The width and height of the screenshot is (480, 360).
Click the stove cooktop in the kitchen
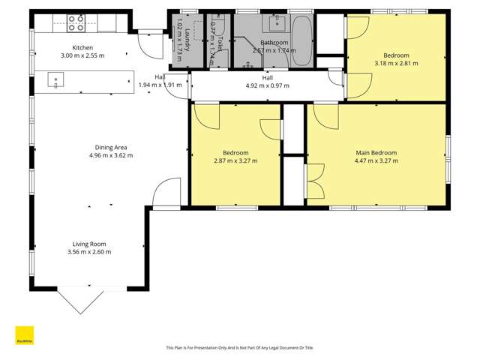(76, 22)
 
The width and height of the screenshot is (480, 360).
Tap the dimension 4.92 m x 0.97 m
(268, 85)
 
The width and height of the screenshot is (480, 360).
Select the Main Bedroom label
(376, 152)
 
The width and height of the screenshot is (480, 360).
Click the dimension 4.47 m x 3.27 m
(376, 160)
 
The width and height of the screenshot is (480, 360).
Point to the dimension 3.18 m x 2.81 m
(396, 64)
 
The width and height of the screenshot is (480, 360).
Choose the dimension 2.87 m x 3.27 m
(235, 160)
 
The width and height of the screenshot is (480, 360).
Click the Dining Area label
(109, 147)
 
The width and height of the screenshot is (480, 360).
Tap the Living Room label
(88, 244)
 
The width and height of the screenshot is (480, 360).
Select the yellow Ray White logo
(25, 335)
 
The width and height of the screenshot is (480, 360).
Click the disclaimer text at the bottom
(239, 348)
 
